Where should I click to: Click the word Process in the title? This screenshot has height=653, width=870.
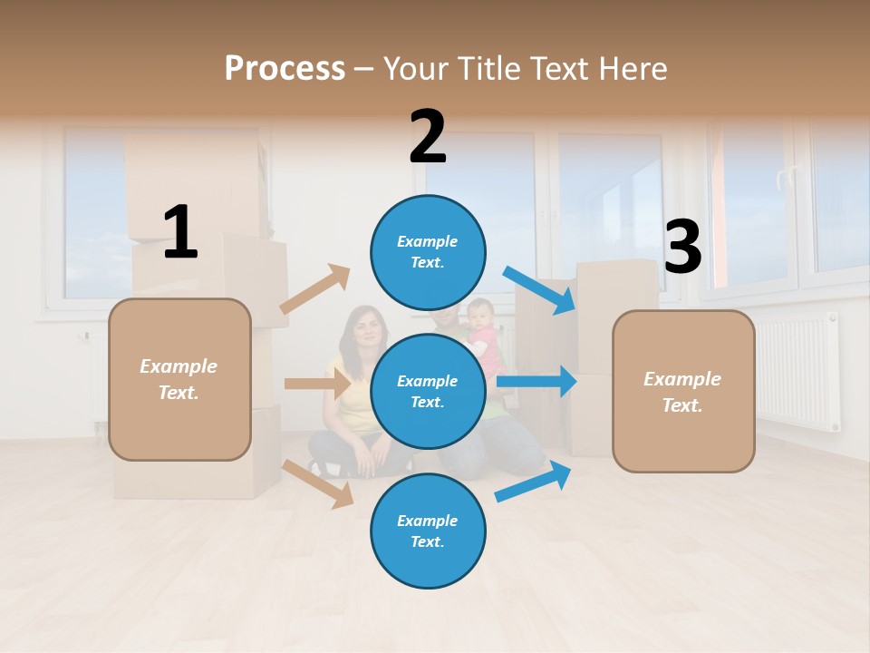[x=285, y=69]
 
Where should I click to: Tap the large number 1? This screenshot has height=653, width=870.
[x=180, y=233]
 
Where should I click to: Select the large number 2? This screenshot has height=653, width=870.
[x=428, y=137]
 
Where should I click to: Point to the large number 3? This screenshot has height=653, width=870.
[x=682, y=247]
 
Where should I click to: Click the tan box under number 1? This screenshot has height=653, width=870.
[x=179, y=379]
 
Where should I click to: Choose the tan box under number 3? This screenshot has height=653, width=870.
[x=683, y=391]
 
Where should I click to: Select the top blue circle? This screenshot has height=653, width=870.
[x=428, y=252]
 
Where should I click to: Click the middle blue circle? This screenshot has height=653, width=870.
[x=428, y=391]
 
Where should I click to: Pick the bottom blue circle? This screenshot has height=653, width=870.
[x=428, y=531]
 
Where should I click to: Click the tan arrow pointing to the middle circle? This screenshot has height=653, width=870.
[x=317, y=384]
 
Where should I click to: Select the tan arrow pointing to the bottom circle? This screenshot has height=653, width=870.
[x=318, y=483]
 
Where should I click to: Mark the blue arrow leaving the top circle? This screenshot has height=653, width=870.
[x=540, y=289]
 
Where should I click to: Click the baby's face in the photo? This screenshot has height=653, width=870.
[x=480, y=317]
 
